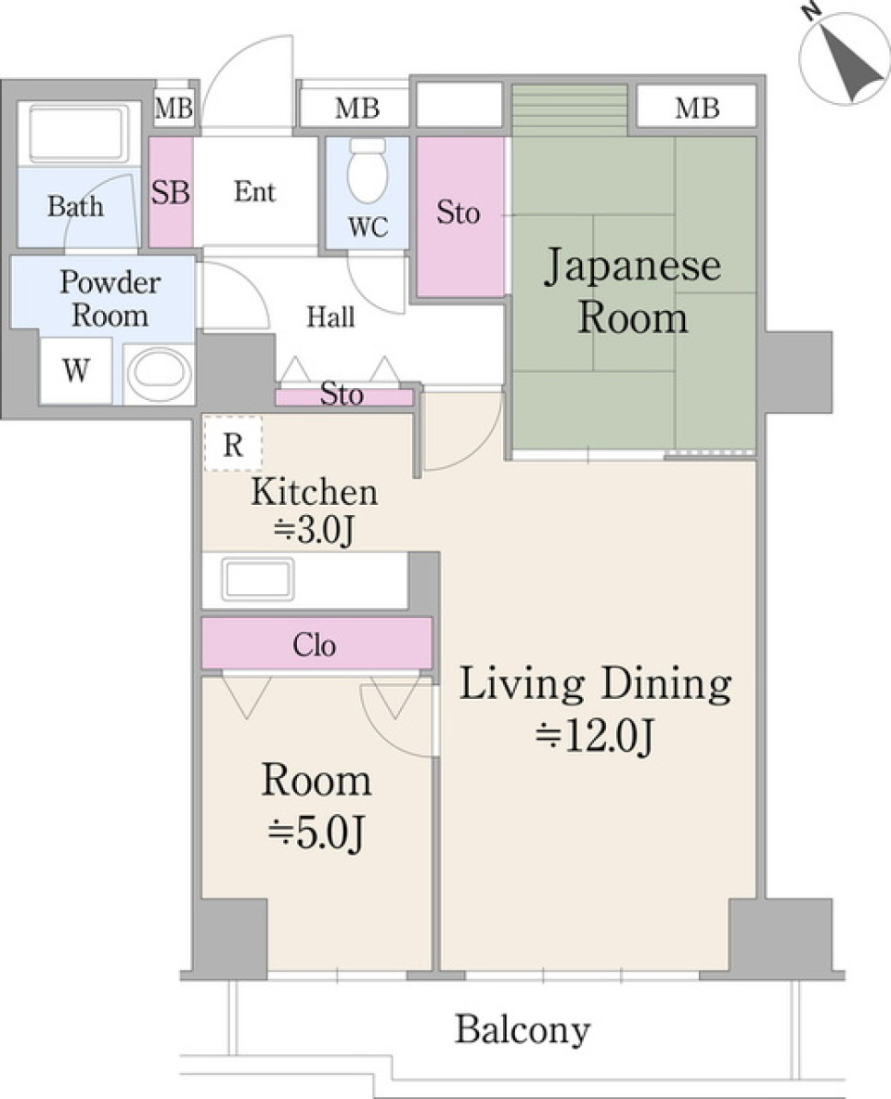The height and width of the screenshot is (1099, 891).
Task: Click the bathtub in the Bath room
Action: point(79,134)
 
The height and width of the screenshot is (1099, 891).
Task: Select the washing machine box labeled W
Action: point(76,371)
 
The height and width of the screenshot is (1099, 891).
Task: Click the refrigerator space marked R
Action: point(233,444)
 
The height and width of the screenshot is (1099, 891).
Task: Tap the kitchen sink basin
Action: point(258,579)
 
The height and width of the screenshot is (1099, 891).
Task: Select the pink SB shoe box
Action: point(171,192)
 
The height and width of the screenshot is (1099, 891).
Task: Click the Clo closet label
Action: point(316,644)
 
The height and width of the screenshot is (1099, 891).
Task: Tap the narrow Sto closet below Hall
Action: point(343,396)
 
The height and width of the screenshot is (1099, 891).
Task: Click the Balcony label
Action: point(523,1029)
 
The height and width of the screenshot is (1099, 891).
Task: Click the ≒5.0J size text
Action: point(316,834)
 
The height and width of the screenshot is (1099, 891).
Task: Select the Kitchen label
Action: point(314,491)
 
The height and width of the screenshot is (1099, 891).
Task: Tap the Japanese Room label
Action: point(633,291)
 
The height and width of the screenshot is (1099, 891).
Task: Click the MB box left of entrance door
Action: point(174,109)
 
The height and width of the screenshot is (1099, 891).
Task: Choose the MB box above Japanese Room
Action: point(697,109)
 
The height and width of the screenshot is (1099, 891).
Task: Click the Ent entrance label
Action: point(255,192)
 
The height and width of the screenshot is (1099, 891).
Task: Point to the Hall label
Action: point(331,317)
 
